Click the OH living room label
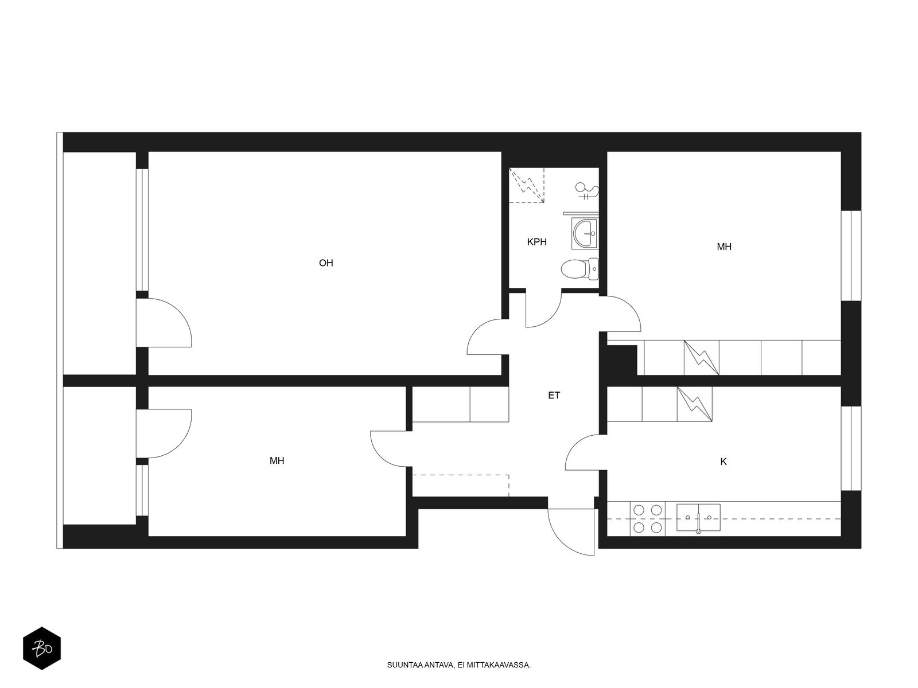[326, 263]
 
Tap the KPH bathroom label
[536, 242]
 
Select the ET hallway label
[554, 395]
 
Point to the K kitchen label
[723, 462]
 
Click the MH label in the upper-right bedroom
[724, 247]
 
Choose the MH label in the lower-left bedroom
[277, 461]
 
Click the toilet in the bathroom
[579, 269]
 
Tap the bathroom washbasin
[585, 233]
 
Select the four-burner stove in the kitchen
[647, 519]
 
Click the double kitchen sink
[698, 518]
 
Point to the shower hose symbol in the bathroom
[587, 190]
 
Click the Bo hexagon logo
[42, 648]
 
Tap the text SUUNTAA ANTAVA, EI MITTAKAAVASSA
[459, 665]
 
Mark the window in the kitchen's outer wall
[851, 448]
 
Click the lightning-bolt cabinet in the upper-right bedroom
[701, 358]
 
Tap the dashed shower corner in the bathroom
[526, 185]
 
